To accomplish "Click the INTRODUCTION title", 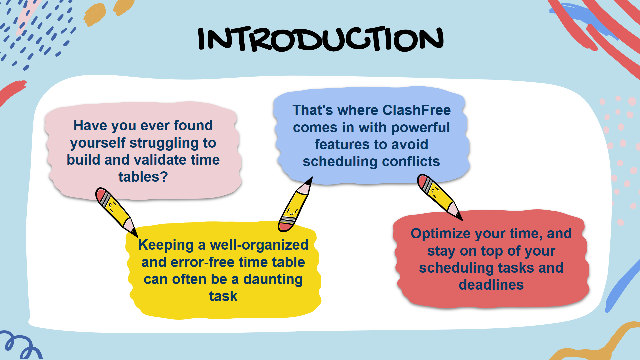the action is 321,39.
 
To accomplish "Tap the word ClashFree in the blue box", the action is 417,110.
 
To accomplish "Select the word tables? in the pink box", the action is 143,177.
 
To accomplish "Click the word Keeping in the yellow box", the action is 166,245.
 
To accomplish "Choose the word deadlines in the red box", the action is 491,285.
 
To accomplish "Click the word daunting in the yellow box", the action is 273,280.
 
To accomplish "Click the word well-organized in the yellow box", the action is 259,245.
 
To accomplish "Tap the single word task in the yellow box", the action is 223,296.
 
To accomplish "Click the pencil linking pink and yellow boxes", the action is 116,212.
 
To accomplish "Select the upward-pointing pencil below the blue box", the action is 295,204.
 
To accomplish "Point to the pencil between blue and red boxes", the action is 439,197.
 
